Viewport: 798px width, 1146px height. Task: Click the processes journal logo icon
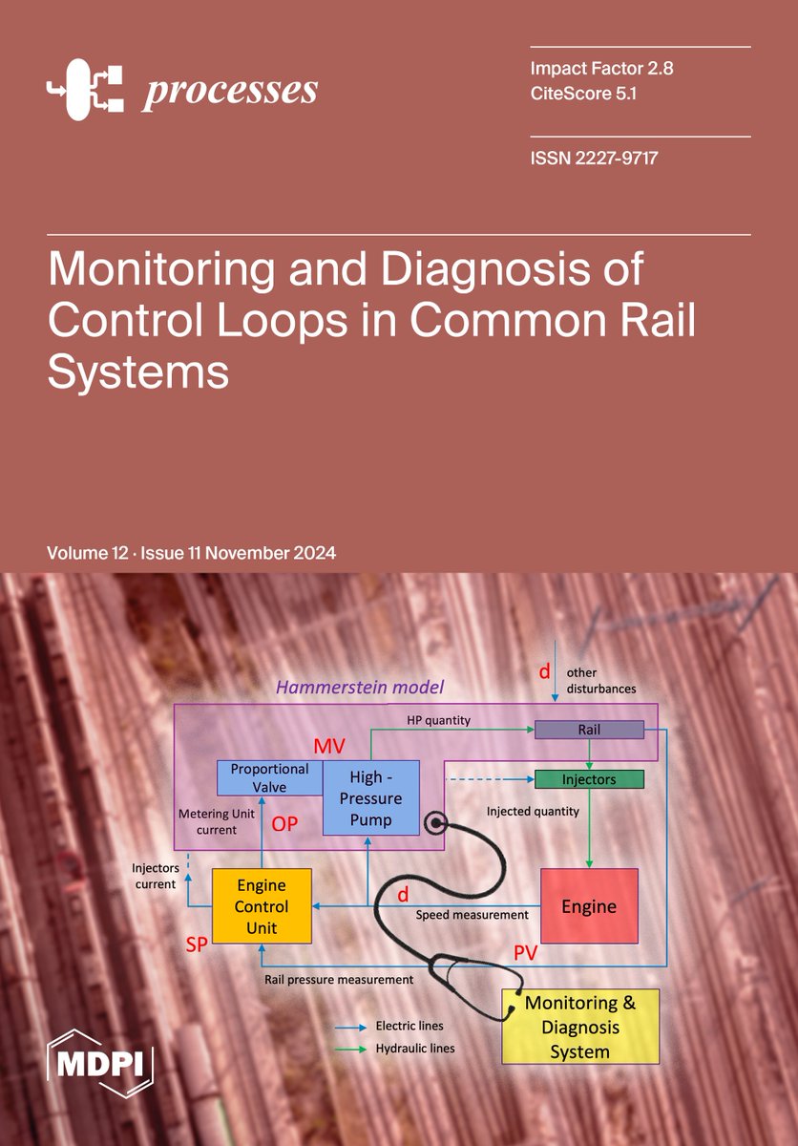[86, 90]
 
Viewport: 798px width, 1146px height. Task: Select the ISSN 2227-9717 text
[595, 158]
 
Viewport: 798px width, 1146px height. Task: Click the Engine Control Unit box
[261, 906]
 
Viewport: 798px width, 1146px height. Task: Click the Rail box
[589, 730]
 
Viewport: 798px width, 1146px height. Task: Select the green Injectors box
[589, 779]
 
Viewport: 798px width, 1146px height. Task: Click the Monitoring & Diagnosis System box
[580, 1027]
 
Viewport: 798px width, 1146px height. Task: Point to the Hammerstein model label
[360, 687]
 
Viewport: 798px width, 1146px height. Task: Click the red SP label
[197, 944]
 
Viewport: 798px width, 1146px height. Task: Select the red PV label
[526, 951]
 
